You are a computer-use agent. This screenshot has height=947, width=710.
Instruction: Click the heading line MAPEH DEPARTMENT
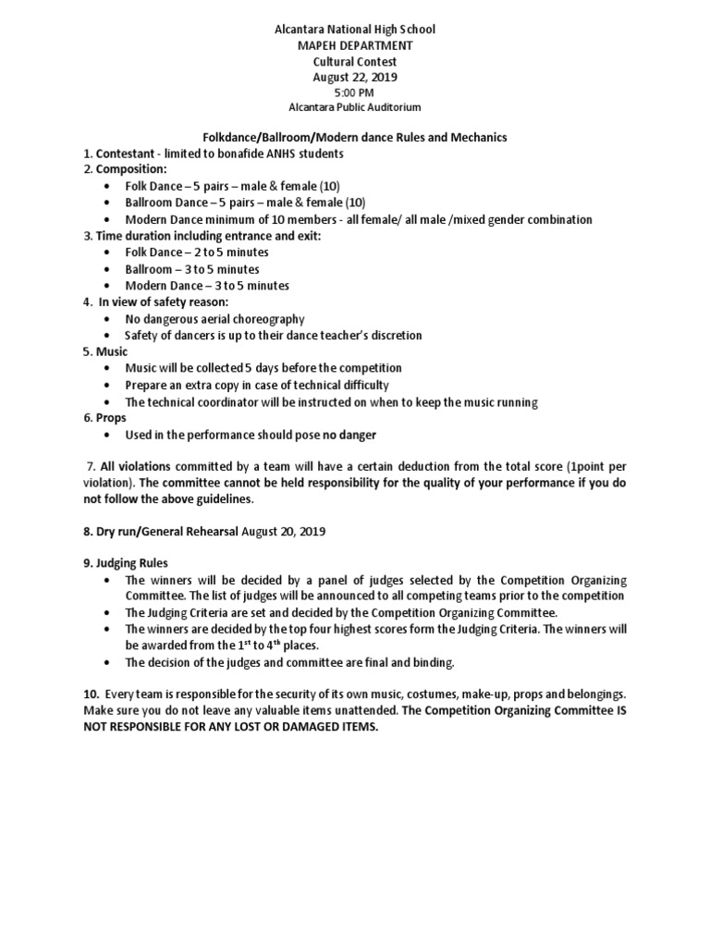(355, 44)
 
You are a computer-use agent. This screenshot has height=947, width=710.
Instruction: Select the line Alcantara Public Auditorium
(355, 107)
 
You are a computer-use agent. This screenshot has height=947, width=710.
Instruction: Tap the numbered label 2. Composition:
(125, 170)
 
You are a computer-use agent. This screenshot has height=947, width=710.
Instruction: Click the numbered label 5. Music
(105, 351)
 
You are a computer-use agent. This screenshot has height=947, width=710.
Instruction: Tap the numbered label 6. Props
(105, 418)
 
